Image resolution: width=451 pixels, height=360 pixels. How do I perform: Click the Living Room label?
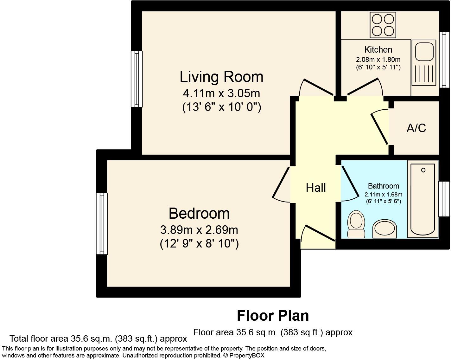pos(221,77)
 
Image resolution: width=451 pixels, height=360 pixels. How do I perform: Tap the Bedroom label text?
pos(199,214)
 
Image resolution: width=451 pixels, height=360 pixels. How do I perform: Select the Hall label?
pos(316,188)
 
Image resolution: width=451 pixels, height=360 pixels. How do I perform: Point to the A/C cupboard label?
pos(416,128)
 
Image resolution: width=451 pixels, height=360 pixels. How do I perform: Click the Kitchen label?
pos(378,50)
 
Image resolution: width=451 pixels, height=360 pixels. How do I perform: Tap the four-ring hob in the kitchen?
pos(383,25)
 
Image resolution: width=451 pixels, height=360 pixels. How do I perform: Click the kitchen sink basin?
pos(424,52)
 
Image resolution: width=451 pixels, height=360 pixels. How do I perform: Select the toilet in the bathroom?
pos(356,224)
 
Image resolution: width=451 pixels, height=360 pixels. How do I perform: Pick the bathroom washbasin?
pos(385,229)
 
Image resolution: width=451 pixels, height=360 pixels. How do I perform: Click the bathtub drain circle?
pos(423,170)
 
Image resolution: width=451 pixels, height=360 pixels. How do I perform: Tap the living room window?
pos(137,79)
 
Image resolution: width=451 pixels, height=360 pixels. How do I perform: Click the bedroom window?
pos(102,224)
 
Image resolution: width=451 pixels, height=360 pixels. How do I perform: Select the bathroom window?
pos(444,199)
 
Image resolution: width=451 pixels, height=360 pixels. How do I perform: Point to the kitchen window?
pos(444,60)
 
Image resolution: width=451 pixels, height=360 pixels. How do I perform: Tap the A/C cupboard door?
pos(379,129)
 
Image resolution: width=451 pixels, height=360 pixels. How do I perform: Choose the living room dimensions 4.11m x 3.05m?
pos(221,93)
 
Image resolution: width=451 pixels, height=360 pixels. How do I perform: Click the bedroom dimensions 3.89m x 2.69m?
pos(199,230)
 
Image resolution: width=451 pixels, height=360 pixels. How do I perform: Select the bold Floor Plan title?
pos(273,316)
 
